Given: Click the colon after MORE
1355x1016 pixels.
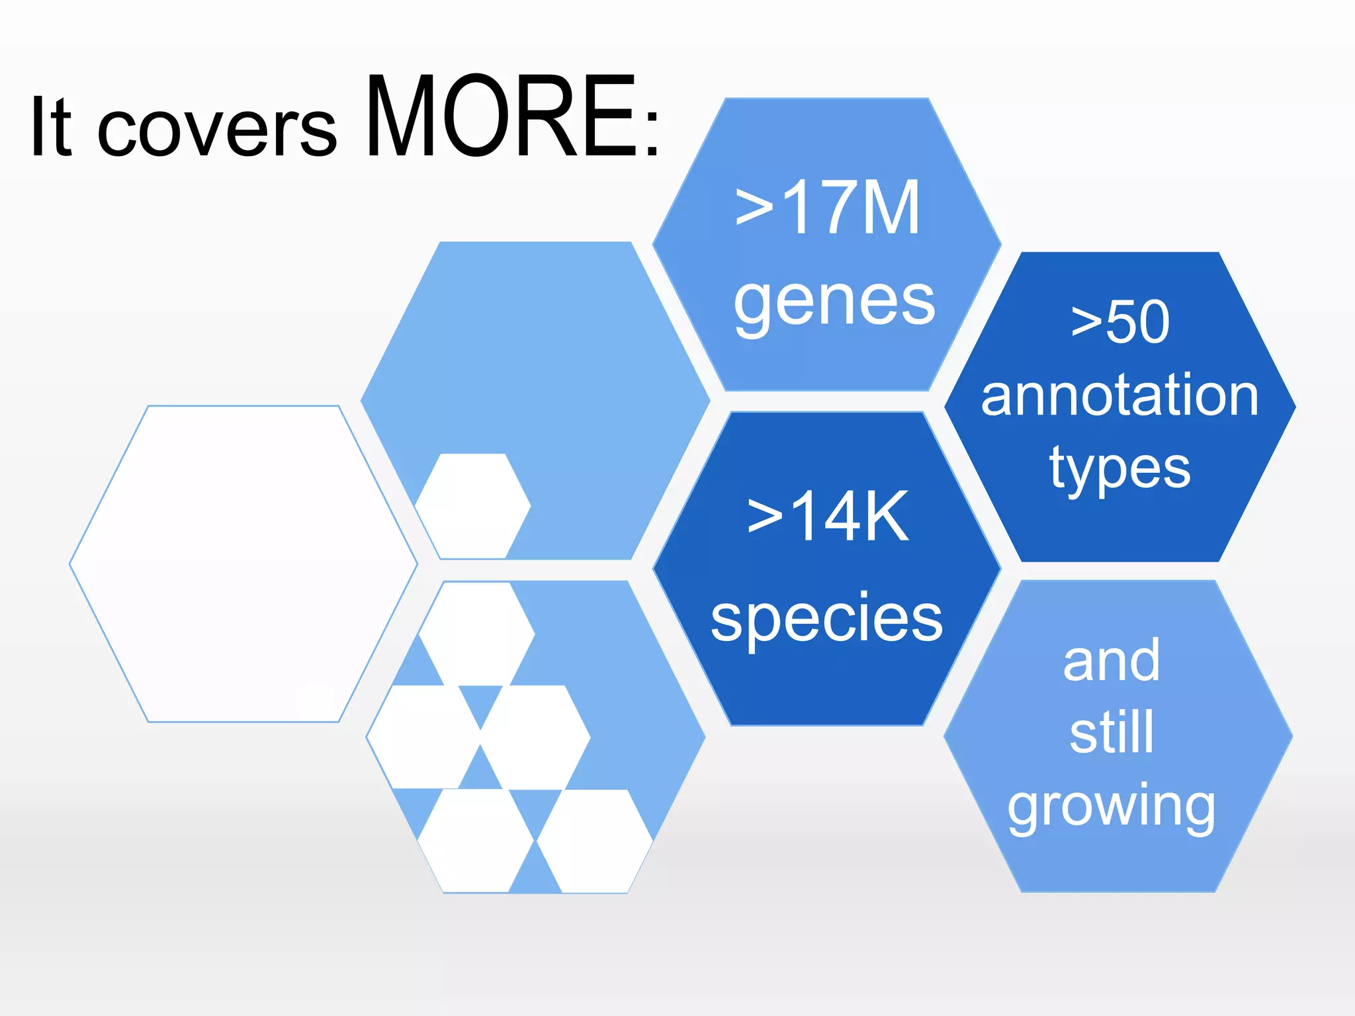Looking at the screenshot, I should [x=652, y=132].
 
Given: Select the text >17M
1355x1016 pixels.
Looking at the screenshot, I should [x=827, y=208].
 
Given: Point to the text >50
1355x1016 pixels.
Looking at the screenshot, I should [x=1120, y=322].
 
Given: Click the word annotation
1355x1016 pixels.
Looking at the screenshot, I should [x=1119, y=396].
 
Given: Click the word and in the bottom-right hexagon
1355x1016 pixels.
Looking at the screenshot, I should [x=1112, y=661].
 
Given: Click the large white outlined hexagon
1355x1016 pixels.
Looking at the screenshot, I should [x=243, y=564].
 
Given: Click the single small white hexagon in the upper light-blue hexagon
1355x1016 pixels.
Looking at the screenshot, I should [x=473, y=506].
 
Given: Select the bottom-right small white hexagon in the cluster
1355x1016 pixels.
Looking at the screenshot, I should [x=594, y=841].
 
